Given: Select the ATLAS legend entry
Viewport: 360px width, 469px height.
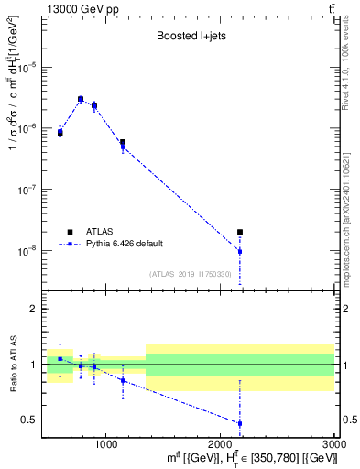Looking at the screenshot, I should tap(101, 231).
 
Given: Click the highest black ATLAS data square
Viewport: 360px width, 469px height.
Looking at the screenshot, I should tap(81, 99).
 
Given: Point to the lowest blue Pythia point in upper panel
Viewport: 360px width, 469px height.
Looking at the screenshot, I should tap(240, 251).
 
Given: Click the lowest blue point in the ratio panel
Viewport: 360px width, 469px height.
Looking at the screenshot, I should tap(240, 423).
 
